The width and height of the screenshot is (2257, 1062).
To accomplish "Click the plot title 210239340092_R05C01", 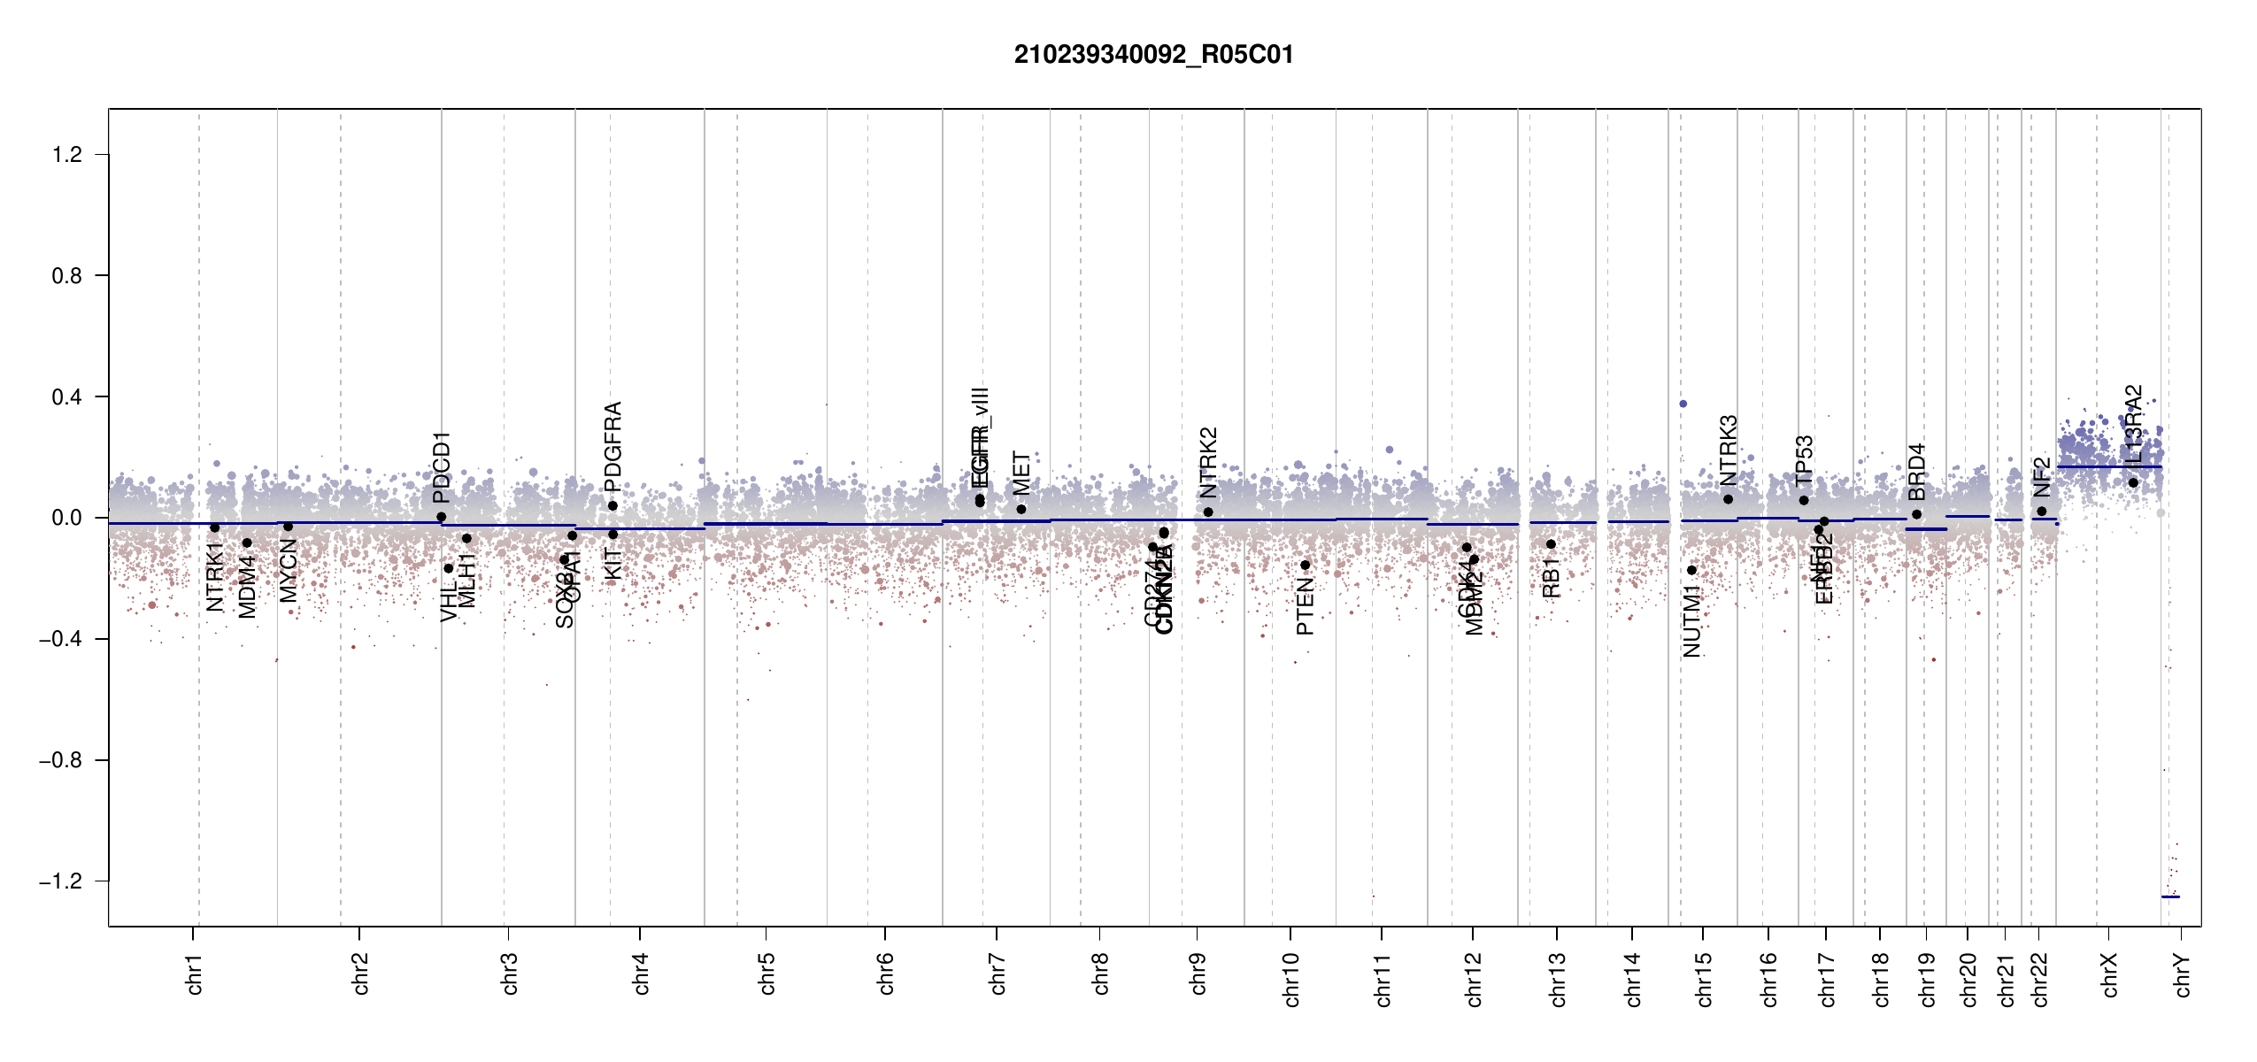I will (1153, 55).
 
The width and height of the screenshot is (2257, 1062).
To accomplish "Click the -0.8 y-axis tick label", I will (59, 760).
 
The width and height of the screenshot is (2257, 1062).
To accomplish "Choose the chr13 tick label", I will (1558, 979).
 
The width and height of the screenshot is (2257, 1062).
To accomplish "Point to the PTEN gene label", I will (1305, 607).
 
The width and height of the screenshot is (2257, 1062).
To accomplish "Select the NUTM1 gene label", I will (1692, 621).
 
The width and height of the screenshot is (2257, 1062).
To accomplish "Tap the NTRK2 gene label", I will (1209, 462).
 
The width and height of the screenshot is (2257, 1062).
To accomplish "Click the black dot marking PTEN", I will (1305, 565).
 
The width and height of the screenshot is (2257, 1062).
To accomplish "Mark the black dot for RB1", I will (1551, 544).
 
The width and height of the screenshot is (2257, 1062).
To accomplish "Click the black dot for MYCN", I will (288, 527).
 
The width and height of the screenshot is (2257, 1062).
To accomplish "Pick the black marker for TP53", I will (1804, 500).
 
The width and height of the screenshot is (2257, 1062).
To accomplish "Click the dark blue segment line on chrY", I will (2170, 897).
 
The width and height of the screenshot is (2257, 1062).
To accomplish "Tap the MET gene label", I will (1021, 473).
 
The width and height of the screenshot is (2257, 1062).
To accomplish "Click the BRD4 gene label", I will (1916, 472).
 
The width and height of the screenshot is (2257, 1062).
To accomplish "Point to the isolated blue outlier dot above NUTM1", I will (1683, 404).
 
